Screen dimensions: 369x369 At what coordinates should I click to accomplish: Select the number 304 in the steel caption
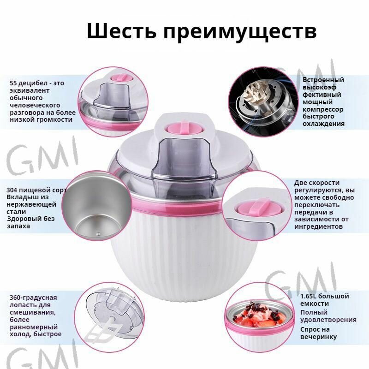(12, 190)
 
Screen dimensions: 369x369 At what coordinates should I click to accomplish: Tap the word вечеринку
(318, 337)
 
